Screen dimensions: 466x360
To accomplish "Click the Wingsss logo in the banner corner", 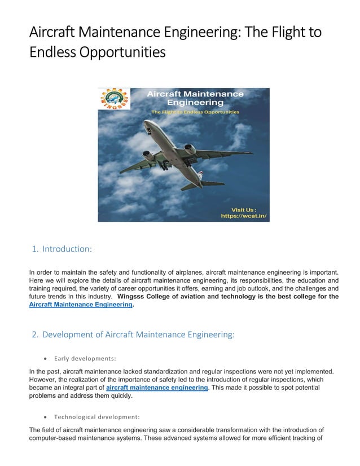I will coord(113,99).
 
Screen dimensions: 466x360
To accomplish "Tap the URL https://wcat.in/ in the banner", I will coord(243,216).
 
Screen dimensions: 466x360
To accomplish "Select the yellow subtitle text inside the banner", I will coord(195,112).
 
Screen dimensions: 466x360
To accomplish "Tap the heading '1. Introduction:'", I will coord(62,249).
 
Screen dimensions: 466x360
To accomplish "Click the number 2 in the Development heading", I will coord(35,335).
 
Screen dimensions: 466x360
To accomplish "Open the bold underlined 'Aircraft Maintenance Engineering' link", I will coord(80,304).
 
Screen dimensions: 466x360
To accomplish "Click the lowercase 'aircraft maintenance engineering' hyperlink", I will coord(157,388).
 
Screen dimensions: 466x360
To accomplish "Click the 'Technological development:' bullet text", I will coord(96,417).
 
